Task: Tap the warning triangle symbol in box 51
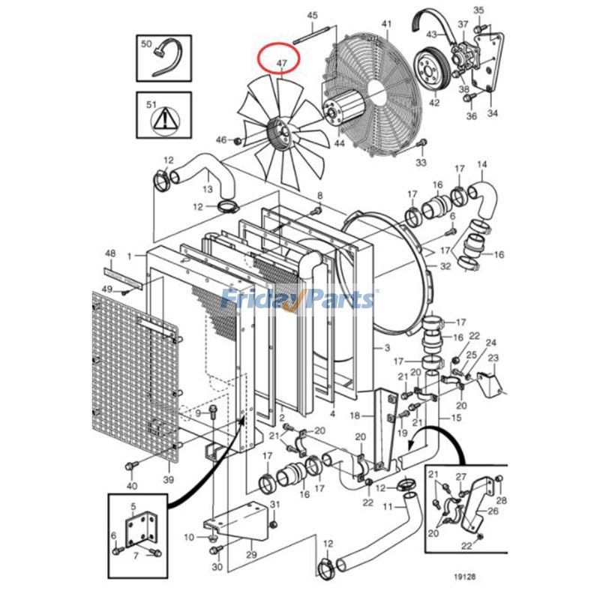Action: (x=163, y=118)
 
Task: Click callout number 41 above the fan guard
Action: (x=386, y=25)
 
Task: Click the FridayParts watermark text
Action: (x=298, y=300)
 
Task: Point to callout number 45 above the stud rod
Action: (x=313, y=16)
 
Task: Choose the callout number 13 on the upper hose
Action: (x=207, y=188)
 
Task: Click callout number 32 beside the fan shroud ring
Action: (x=445, y=265)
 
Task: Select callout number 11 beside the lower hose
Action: (x=388, y=507)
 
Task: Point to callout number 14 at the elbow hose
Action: (x=481, y=164)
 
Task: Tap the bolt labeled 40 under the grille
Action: (x=133, y=466)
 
